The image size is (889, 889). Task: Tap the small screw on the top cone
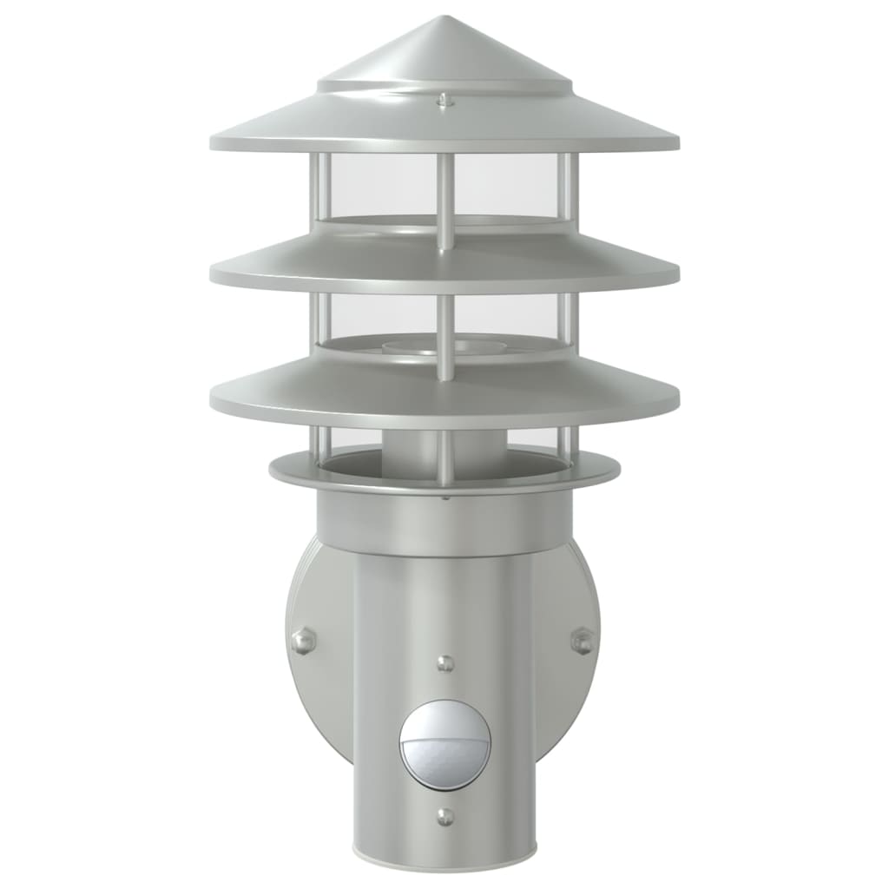[x=444, y=101]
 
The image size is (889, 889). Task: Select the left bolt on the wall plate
[x=303, y=642]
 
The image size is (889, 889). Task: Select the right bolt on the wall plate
[x=583, y=642]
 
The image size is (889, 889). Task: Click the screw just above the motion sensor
[x=444, y=663]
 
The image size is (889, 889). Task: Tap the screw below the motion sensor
[x=444, y=816]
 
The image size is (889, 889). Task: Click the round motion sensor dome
[x=444, y=744]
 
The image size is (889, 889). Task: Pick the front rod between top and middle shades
[x=444, y=200]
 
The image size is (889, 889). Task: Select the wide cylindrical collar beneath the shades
[x=444, y=521]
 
